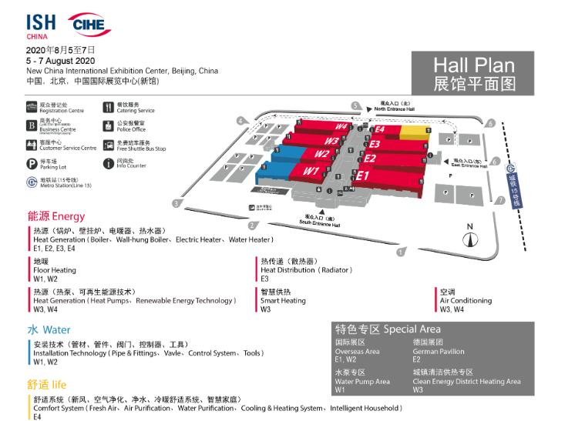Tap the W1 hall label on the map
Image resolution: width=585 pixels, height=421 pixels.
click(x=311, y=171)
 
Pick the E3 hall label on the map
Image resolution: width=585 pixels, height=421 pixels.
click(x=375, y=144)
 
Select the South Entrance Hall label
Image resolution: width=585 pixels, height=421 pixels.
click(x=320, y=222)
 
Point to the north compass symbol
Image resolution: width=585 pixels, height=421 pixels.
click(x=469, y=237)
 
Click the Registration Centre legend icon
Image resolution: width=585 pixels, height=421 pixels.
click(x=32, y=106)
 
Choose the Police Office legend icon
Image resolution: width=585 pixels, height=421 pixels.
click(x=109, y=125)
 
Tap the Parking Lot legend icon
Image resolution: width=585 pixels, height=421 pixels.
click(x=32, y=163)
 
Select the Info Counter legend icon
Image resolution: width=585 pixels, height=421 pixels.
click(x=109, y=163)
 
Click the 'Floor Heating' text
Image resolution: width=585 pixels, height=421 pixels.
click(x=55, y=270)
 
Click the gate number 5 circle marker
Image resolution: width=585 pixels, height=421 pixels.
click(x=355, y=105)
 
